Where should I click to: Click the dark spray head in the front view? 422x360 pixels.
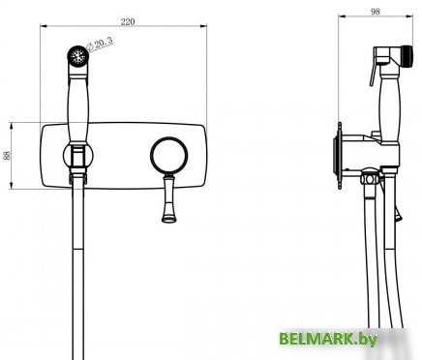(75, 54)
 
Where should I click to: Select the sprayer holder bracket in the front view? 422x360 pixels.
(75, 155)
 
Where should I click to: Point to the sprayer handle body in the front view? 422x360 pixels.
(75, 106)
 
